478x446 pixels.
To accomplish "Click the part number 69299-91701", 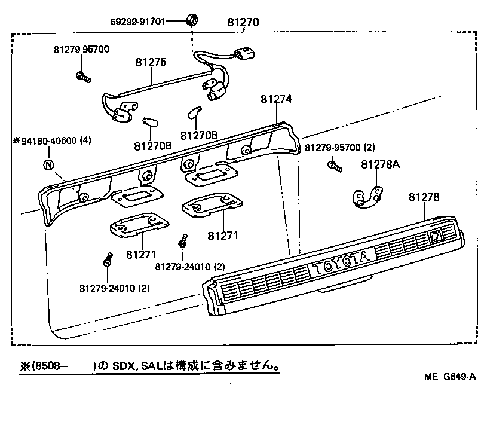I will [x=138, y=22].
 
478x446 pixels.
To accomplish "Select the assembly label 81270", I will [x=243, y=23].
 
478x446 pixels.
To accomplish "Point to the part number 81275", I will [x=151, y=62].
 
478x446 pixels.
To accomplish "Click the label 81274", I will [x=276, y=100].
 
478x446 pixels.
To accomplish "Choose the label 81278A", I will [x=380, y=165].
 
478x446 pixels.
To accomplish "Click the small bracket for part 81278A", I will [x=366, y=198].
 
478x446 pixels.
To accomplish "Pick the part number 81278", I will [x=425, y=197].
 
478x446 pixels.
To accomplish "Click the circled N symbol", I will [x=49, y=165].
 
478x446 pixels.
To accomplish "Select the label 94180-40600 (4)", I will [x=53, y=141].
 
